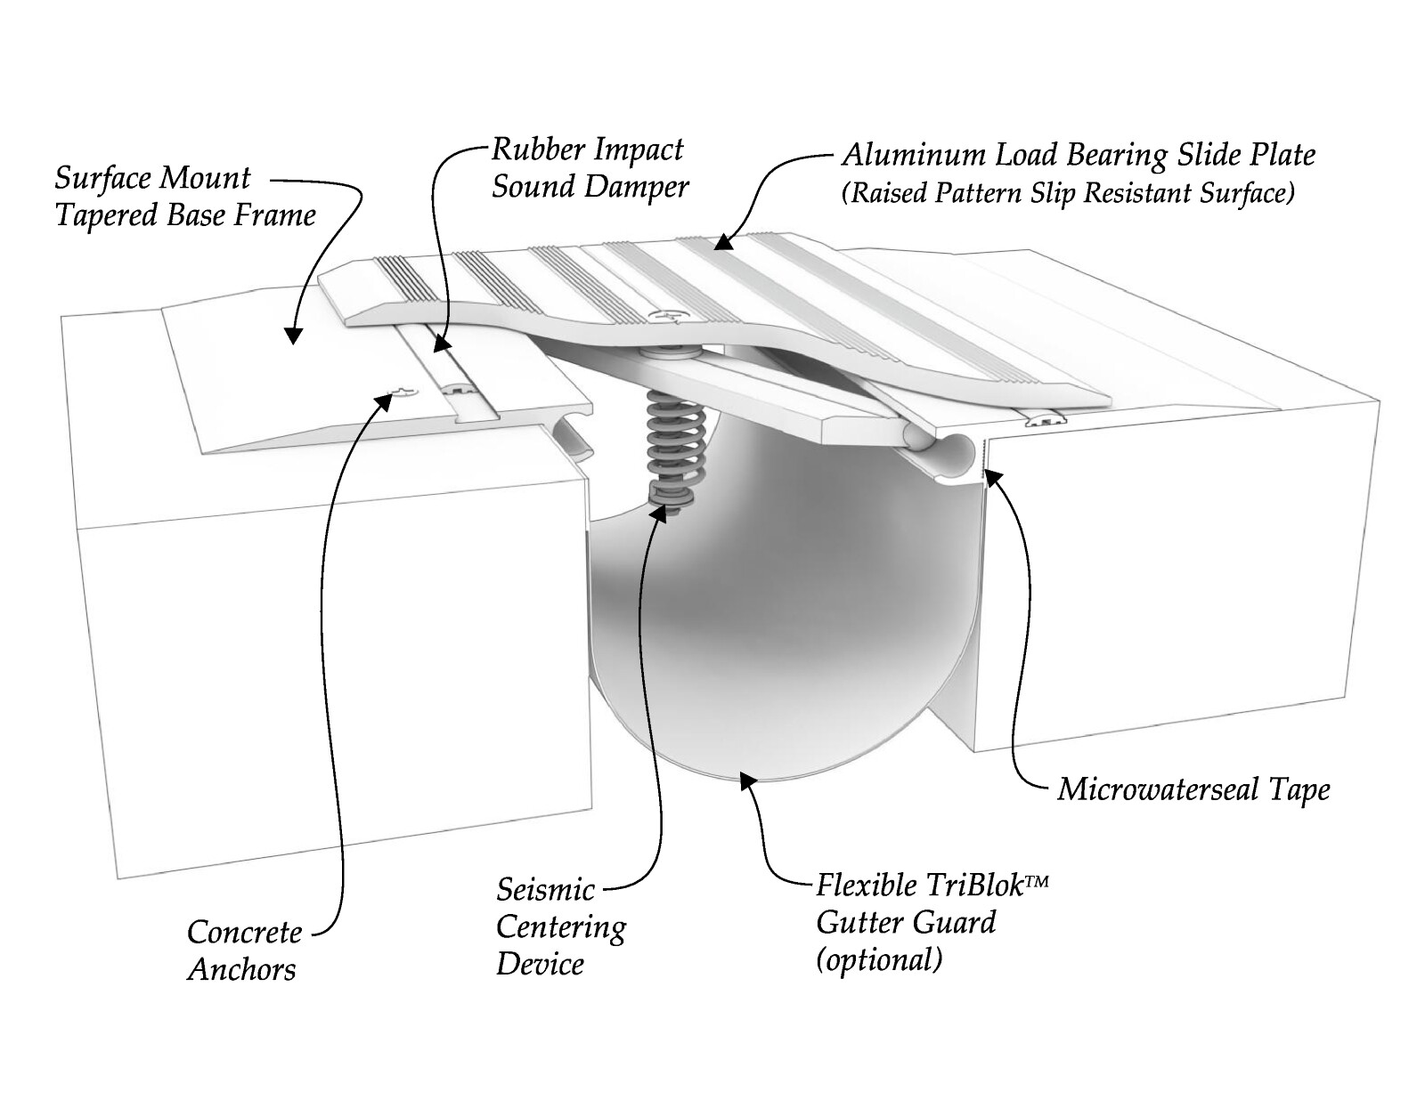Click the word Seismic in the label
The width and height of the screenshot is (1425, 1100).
click(545, 890)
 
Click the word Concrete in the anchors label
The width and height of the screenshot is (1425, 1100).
click(245, 933)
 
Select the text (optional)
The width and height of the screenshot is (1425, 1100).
click(879, 960)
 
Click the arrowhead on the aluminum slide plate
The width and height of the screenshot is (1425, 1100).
click(723, 242)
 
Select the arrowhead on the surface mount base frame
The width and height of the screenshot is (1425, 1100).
click(293, 336)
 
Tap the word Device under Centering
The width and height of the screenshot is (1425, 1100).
click(540, 965)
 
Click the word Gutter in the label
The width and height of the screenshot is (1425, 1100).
click(860, 923)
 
